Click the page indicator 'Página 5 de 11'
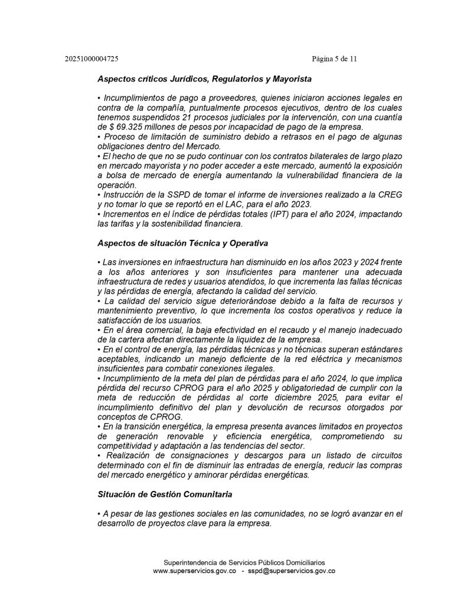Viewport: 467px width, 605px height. (x=334, y=59)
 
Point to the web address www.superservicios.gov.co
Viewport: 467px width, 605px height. (x=195, y=571)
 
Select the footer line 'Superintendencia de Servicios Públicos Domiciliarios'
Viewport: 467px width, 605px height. (x=244, y=562)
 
